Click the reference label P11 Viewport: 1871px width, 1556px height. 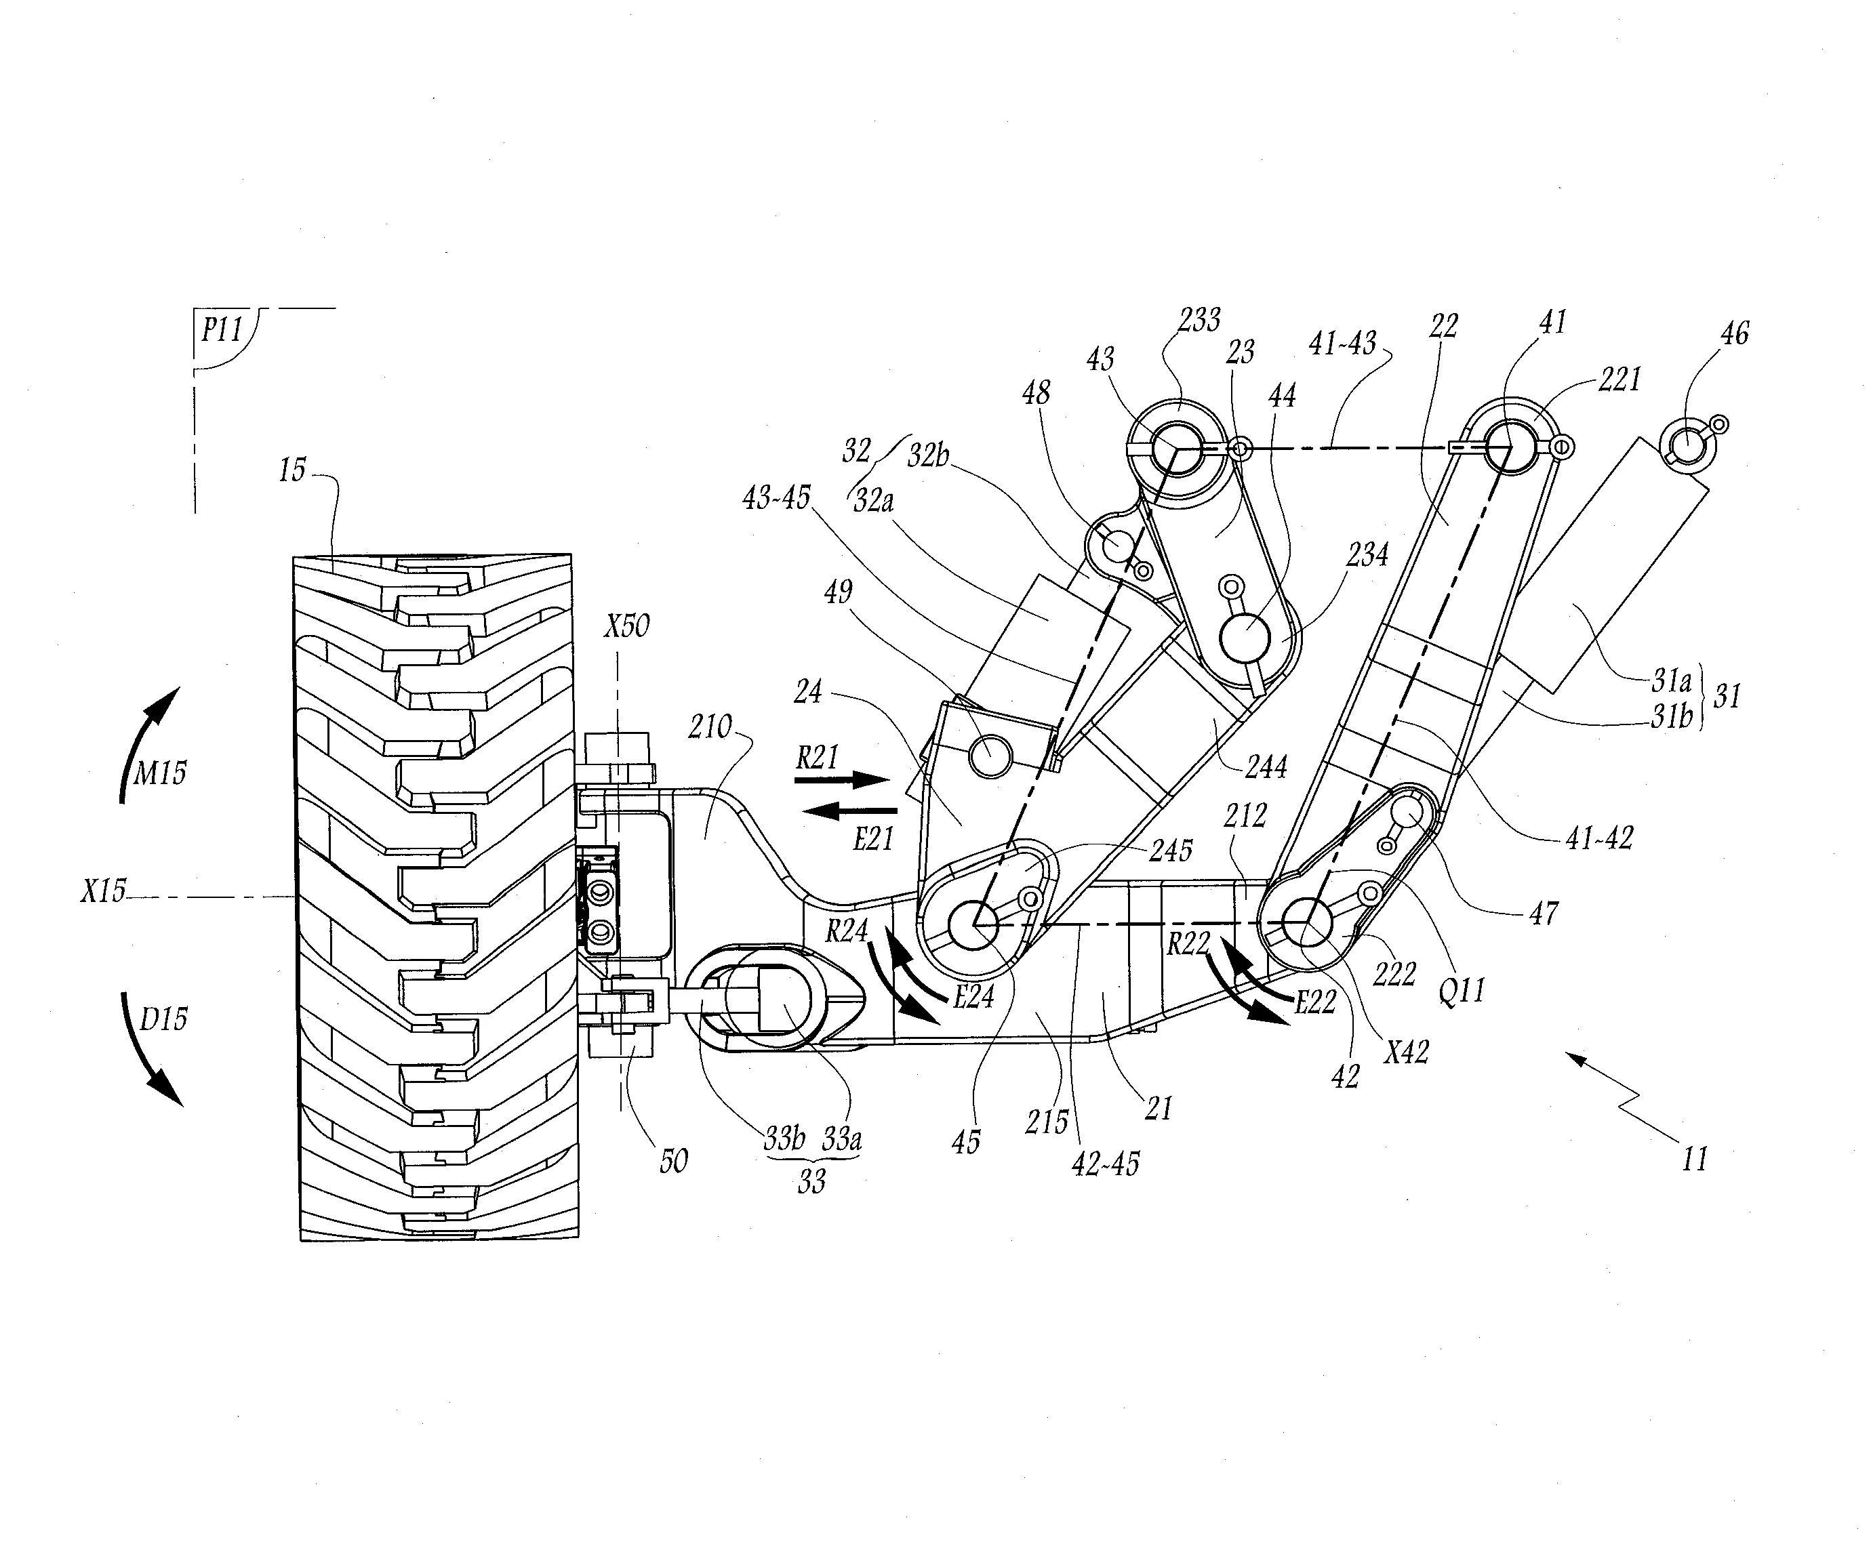tap(221, 331)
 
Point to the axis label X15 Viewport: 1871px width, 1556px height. tap(103, 890)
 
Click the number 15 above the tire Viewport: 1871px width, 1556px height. tap(292, 470)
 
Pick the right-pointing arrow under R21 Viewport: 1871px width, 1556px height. tap(841, 780)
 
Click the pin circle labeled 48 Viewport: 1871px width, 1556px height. tap(1117, 545)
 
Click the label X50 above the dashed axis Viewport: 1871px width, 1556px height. tap(626, 626)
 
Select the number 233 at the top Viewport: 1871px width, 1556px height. tap(1199, 320)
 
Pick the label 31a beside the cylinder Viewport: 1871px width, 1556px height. tap(1670, 681)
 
